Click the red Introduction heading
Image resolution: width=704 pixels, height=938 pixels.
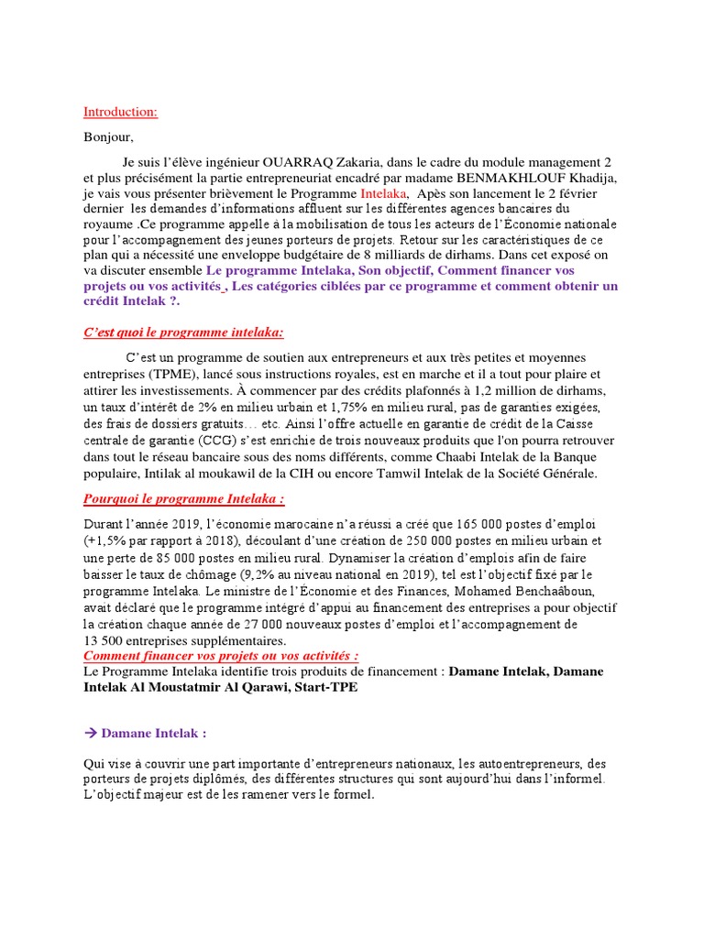120,112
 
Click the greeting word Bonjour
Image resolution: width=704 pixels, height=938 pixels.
107,137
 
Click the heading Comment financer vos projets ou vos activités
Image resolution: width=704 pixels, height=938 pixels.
220,656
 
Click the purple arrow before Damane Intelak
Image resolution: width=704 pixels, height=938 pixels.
89,733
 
